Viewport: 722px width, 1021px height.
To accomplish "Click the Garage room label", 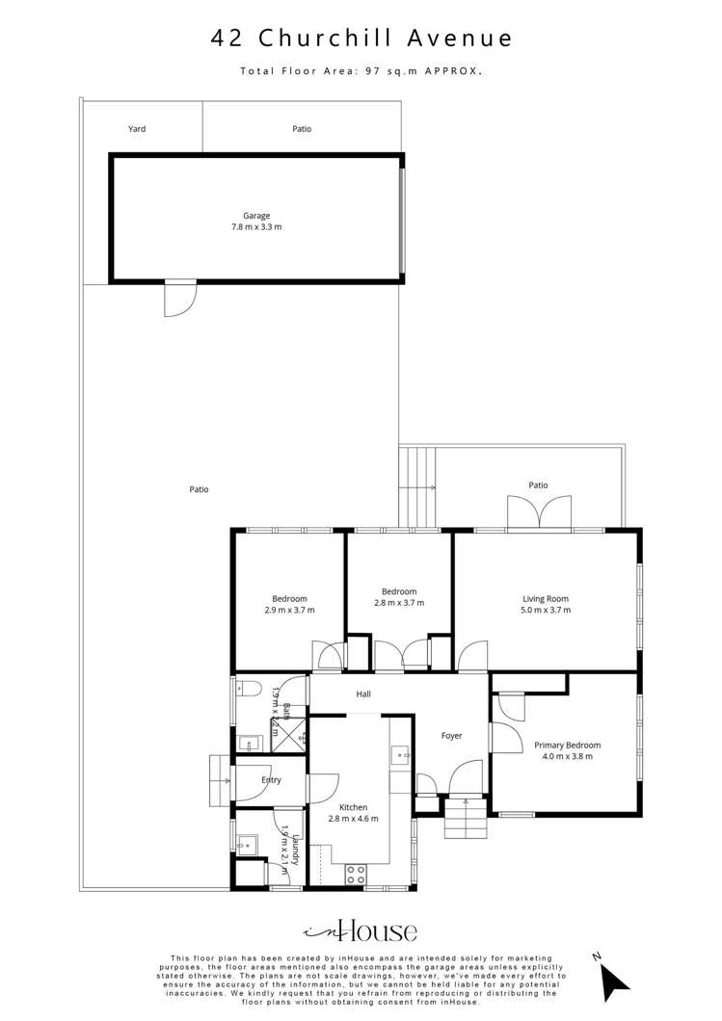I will click(256, 216).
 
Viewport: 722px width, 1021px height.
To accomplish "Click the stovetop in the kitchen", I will click(356, 874).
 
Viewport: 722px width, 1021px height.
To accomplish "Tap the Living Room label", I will click(546, 598).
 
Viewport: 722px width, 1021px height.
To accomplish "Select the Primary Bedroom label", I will click(568, 745).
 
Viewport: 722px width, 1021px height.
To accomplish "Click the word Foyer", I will click(452, 736).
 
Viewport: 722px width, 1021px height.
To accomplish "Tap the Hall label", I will click(363, 694).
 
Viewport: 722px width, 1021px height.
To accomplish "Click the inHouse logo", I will click(361, 930).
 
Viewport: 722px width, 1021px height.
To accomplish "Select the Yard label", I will click(138, 128).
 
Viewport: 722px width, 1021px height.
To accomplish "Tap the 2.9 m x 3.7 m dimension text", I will click(289, 610).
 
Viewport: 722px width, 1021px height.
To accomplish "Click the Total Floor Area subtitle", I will click(361, 71).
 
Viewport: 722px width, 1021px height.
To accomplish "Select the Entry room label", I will click(271, 779).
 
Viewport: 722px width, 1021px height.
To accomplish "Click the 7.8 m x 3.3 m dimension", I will click(256, 227).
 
